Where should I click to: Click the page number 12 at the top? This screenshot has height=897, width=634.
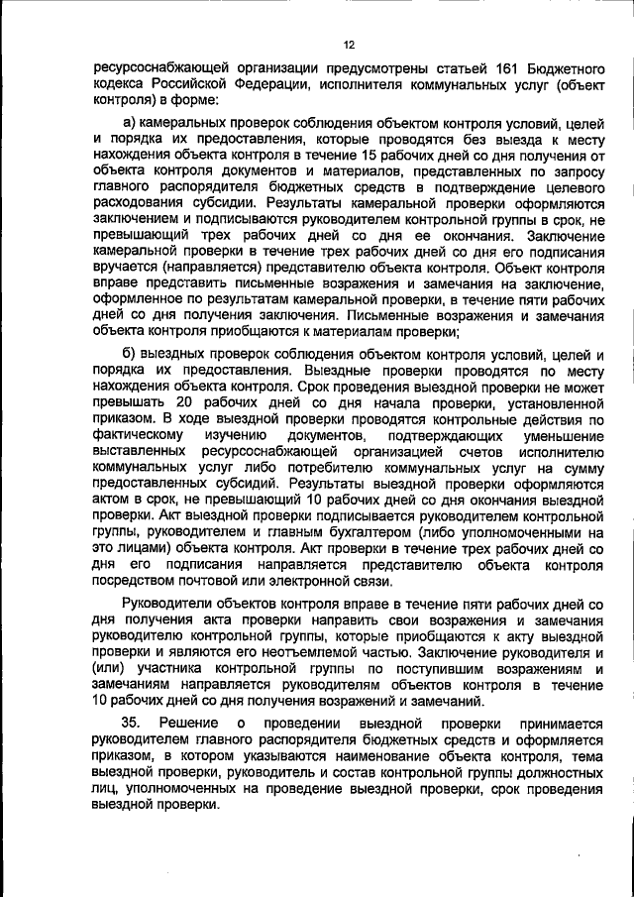pyautogui.click(x=349, y=44)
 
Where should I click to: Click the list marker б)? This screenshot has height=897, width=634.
pyautogui.click(x=129, y=355)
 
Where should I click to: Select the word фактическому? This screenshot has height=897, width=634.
pyautogui.click(x=137, y=436)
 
